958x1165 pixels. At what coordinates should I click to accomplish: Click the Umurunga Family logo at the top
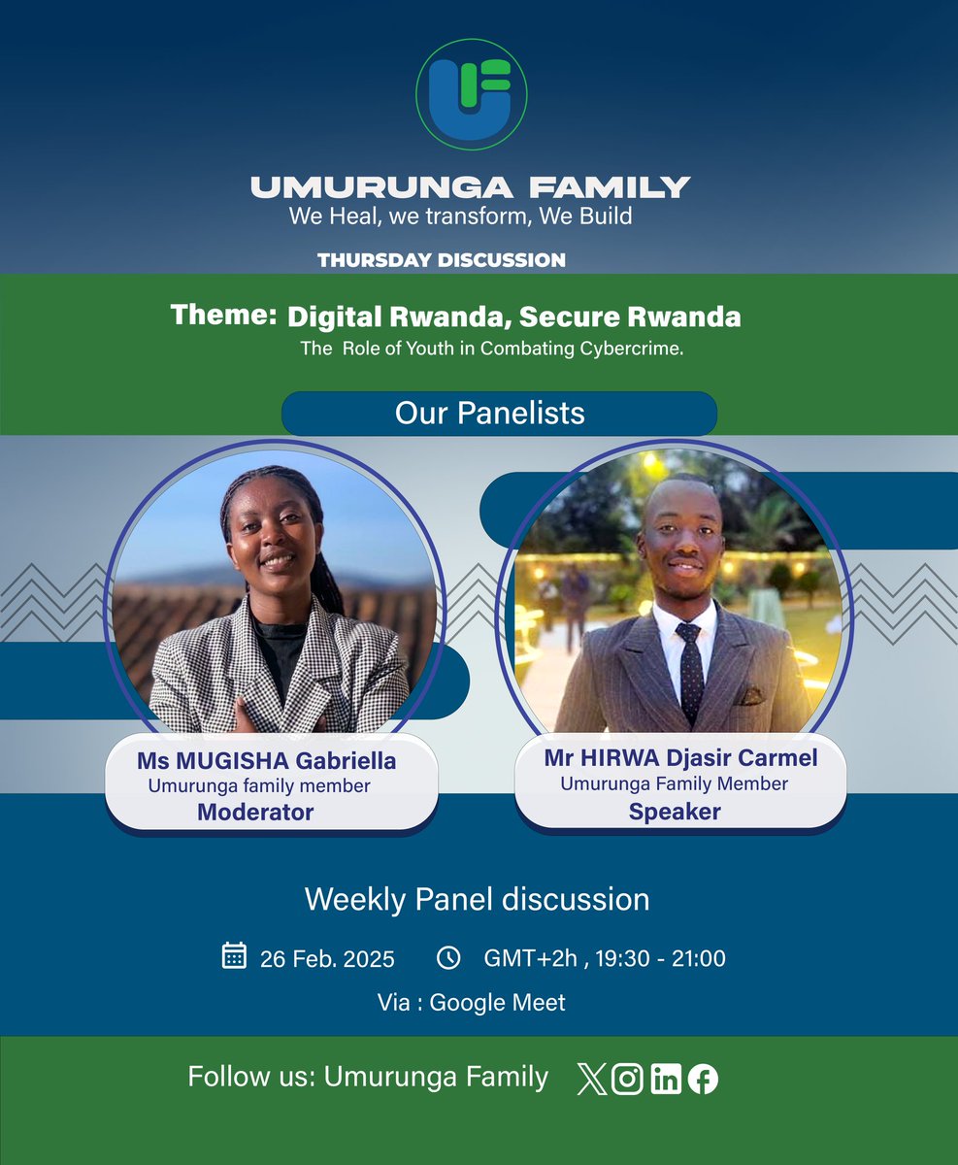tap(471, 94)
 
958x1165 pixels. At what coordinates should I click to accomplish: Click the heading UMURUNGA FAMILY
tap(471, 186)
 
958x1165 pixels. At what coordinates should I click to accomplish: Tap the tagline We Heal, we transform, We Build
tap(460, 216)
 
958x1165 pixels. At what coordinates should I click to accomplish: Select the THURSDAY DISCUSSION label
tap(441, 260)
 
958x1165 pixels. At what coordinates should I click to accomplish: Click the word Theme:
tap(222, 316)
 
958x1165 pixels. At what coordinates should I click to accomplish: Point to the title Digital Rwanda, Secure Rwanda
tap(513, 316)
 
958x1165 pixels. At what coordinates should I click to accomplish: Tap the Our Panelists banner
tap(498, 413)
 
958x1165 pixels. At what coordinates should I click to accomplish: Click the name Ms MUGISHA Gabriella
tap(266, 761)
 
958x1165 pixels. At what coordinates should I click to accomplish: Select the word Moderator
tap(255, 812)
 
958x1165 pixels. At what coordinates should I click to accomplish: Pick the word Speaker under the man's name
tap(675, 812)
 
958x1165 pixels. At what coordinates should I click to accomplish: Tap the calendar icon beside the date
tap(234, 956)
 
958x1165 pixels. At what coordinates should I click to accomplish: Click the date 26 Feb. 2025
tap(327, 959)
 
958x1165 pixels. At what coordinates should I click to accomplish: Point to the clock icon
tap(448, 957)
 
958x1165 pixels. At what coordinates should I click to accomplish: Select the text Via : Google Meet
tap(472, 1003)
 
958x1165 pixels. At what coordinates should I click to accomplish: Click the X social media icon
tap(591, 1080)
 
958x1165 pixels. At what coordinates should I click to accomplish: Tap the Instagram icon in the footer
tap(628, 1080)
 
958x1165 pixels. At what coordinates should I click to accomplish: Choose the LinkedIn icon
tap(666, 1080)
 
